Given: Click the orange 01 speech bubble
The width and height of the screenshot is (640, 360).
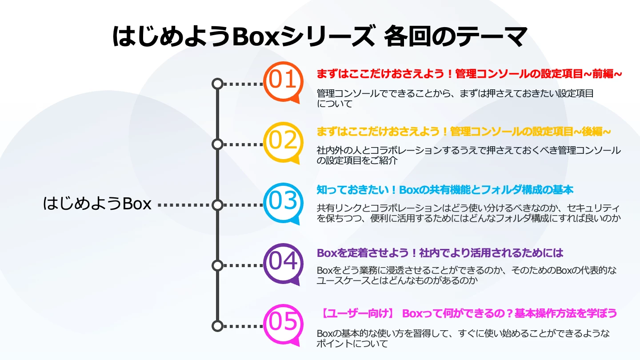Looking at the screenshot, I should [x=283, y=81].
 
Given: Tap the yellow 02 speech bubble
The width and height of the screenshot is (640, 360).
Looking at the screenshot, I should [x=283, y=142].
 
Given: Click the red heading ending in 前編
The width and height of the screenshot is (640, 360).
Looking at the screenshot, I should [x=469, y=74].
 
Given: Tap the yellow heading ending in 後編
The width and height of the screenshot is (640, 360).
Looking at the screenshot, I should [x=464, y=132].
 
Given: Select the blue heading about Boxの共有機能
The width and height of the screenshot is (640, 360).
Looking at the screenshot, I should [x=445, y=190].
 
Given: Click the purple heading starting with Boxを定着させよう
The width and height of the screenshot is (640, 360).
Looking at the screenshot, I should [x=440, y=253].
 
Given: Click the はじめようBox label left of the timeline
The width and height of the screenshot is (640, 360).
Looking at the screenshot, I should [x=97, y=204].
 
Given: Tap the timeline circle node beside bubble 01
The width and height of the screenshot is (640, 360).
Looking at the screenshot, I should [x=217, y=84].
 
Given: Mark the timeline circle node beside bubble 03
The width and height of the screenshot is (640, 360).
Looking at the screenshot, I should [x=217, y=205].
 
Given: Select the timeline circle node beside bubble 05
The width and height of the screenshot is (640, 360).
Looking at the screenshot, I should [x=217, y=326].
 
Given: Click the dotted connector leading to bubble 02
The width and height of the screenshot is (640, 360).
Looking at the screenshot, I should [x=243, y=144].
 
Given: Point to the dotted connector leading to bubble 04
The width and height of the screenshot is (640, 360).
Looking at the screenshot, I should [x=243, y=265].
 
